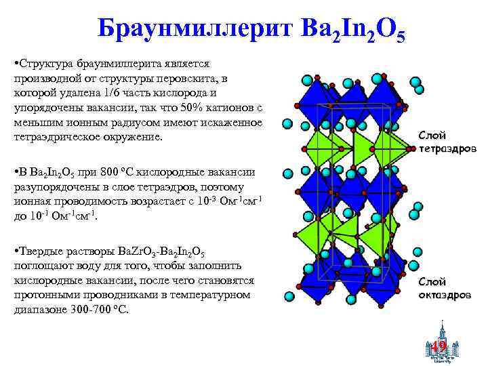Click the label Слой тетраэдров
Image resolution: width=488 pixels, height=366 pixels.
tap(447, 141)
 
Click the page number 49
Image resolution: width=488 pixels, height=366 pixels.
tap(439, 348)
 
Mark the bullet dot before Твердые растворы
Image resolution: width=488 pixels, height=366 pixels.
tap(16, 251)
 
